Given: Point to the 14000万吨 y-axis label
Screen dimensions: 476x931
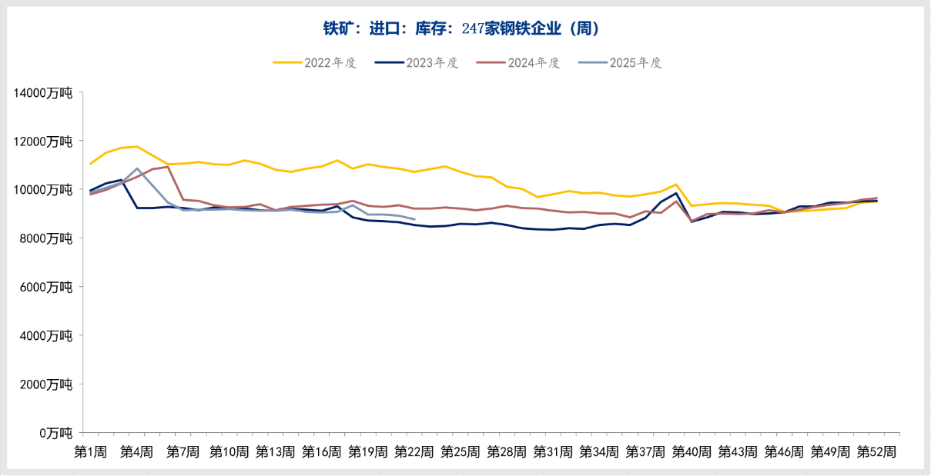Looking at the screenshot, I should click(43, 93).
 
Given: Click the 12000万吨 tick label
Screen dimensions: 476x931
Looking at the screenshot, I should click(43, 141).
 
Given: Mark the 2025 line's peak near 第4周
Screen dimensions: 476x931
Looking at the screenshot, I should click(137, 168).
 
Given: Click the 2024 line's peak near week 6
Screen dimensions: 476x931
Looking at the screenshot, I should click(168, 166).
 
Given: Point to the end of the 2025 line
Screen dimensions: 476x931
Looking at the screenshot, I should click(415, 219).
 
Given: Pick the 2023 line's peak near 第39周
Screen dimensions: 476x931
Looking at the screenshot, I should click(676, 193).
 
